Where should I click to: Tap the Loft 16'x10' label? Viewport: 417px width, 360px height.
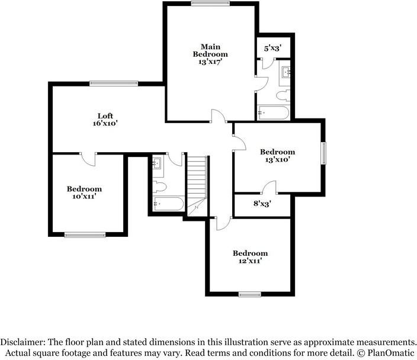pyautogui.click(x=105, y=120)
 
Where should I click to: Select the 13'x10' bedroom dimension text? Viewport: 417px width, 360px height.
pyautogui.click(x=277, y=159)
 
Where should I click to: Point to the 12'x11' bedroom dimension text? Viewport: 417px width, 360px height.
pyautogui.click(x=250, y=261)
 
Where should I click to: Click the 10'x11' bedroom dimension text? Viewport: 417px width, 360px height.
pyautogui.click(x=84, y=197)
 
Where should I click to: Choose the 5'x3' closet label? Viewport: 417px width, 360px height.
pyautogui.click(x=272, y=48)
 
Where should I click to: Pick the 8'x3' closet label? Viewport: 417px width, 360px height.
pyautogui.click(x=262, y=204)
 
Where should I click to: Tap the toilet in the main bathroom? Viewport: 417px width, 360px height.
pyautogui.click(x=283, y=95)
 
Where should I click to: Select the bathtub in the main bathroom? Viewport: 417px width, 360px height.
pyautogui.click(x=274, y=112)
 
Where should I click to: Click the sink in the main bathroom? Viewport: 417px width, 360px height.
pyautogui.click(x=286, y=72)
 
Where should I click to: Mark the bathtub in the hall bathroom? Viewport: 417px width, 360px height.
pyautogui.click(x=169, y=204)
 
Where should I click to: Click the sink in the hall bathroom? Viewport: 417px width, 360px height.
pyautogui.click(x=156, y=162)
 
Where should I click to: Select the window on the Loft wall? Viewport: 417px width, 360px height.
pyautogui.click(x=114, y=83)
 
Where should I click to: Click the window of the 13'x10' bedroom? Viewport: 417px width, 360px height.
pyautogui.click(x=323, y=153)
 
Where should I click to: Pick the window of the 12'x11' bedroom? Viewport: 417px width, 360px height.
pyautogui.click(x=250, y=294)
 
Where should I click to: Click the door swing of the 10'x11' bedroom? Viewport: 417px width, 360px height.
pyautogui.click(x=88, y=159)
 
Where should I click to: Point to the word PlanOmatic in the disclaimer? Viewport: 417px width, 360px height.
pyautogui.click(x=391, y=353)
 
